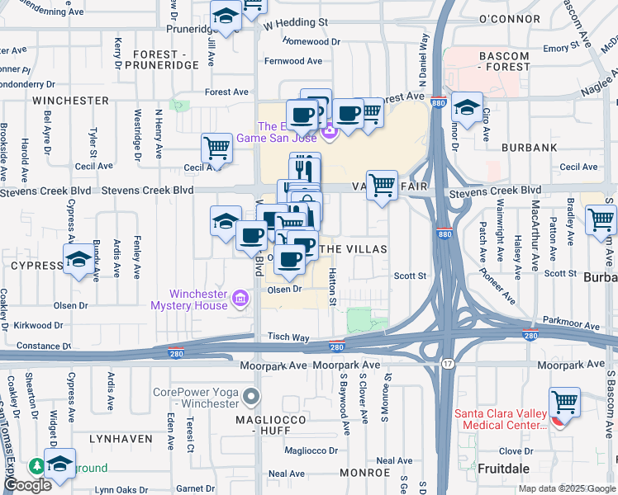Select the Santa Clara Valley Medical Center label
pyautogui.click(x=501, y=419)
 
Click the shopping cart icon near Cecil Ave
pyautogui.click(x=216, y=148)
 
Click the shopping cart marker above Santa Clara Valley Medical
pyautogui.click(x=566, y=403)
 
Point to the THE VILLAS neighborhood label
pyautogui.click(x=354, y=248)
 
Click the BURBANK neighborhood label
pyautogui.click(x=529, y=148)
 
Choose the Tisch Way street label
pyautogui.click(x=288, y=337)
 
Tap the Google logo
pyautogui.click(x=27, y=485)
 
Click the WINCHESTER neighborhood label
pyautogui.click(x=70, y=101)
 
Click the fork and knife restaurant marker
pyautogui.click(x=305, y=168)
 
